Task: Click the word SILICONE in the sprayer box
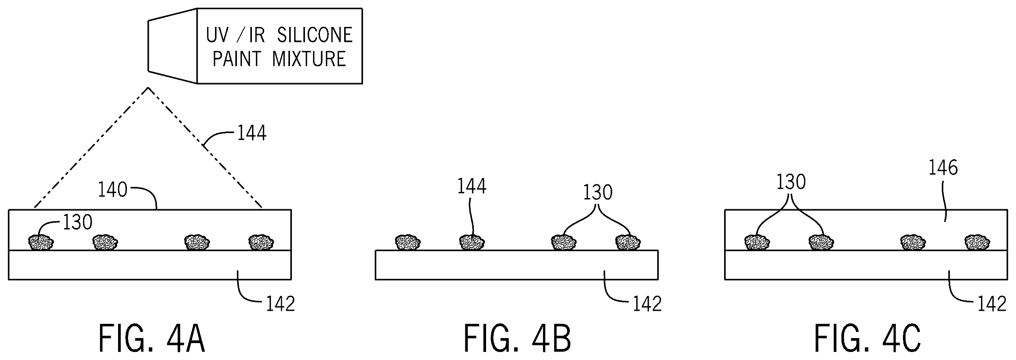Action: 314,35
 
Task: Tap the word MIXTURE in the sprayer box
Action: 309,59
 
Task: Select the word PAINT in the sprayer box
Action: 237,59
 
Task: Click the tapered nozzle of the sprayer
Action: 173,46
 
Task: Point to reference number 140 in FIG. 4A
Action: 112,190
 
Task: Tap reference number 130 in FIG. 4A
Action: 78,223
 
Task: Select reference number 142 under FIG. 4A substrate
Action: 280,304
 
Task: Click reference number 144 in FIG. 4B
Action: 472,186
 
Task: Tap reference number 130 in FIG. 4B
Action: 598,192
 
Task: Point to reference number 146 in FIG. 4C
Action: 943,168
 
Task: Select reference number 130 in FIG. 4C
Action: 791,182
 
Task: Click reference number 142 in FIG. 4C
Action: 992,304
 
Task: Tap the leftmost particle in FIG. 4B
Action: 408,242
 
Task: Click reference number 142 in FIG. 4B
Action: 647,304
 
